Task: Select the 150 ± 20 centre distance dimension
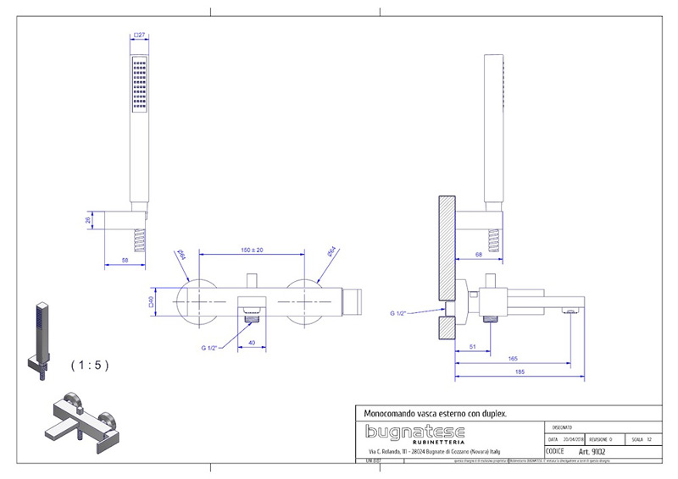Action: click(x=252, y=250)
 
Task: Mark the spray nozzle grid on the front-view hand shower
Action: click(x=140, y=85)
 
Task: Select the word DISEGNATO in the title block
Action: click(x=562, y=428)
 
